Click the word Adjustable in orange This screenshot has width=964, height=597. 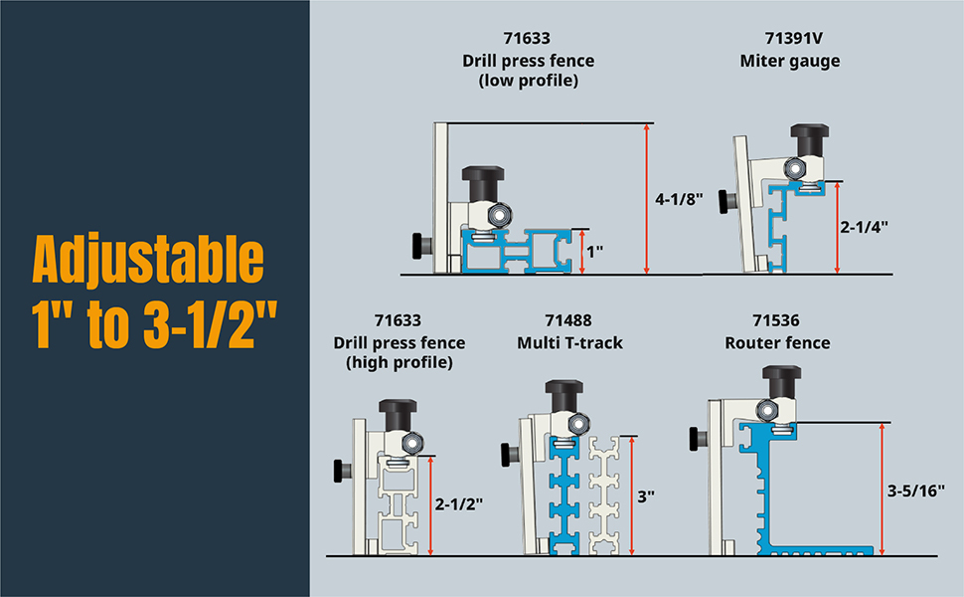click(x=148, y=260)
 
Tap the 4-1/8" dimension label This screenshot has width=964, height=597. click(x=679, y=199)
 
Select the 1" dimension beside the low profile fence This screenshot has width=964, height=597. click(x=594, y=251)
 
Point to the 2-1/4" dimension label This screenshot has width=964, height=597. click(x=865, y=227)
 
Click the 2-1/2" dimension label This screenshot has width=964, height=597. click(x=458, y=504)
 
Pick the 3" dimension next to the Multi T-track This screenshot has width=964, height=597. click(x=646, y=497)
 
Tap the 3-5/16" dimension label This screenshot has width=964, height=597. click(x=916, y=491)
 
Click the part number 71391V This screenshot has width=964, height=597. click(x=793, y=38)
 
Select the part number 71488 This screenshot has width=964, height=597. click(x=568, y=320)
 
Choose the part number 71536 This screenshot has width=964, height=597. click(x=776, y=320)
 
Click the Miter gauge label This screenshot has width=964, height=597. click(x=790, y=62)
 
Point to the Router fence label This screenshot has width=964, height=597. click(x=777, y=343)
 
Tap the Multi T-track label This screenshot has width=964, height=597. click(x=569, y=343)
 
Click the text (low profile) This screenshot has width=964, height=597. click(x=529, y=81)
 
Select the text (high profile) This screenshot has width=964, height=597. click(x=400, y=362)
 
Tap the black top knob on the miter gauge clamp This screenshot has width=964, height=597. click(x=809, y=139)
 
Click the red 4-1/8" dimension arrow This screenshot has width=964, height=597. click(x=646, y=198)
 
